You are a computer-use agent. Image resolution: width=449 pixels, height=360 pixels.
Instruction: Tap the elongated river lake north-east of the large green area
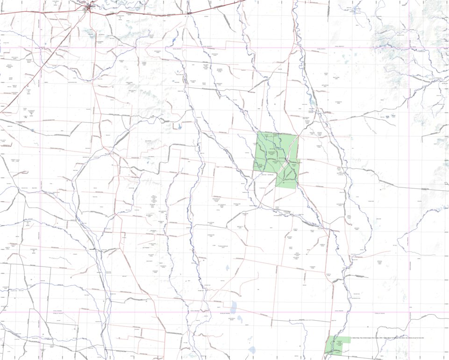coord(311,101)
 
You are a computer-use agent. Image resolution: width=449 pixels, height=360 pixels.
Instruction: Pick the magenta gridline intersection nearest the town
coord(41,47)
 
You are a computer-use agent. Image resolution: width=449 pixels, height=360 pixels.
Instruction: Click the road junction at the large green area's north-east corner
coord(298,135)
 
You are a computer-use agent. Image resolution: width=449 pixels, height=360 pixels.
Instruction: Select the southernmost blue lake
coord(253,350)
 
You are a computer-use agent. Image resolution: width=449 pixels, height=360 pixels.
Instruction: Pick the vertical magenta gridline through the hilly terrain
coord(410,94)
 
